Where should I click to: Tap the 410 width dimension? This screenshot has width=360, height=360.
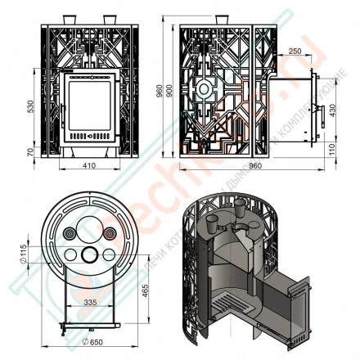click(x=90, y=166)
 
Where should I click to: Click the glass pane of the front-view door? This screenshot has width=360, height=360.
click(x=91, y=102)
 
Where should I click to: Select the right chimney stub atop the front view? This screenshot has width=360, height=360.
click(x=109, y=19)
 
